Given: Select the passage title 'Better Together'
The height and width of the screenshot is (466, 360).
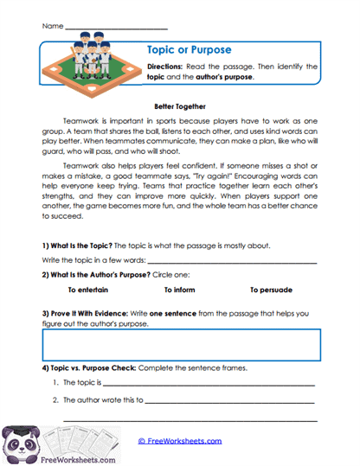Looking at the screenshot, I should click(179, 105).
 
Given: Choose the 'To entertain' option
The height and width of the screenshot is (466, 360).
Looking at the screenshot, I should click(87, 290).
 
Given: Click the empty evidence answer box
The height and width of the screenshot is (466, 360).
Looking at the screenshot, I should click(179, 344).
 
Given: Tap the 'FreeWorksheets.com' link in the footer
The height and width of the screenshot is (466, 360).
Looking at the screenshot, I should click(179, 441).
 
